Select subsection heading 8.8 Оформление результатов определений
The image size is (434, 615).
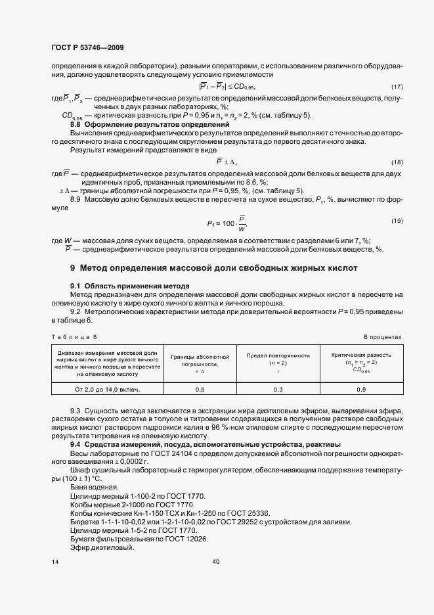click(x=149, y=124)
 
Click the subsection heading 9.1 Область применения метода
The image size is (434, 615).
click(x=129, y=286)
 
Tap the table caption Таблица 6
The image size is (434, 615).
click(x=74, y=336)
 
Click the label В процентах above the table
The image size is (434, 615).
click(x=381, y=336)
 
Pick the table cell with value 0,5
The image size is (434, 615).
click(x=200, y=390)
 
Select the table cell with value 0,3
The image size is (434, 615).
click(x=278, y=390)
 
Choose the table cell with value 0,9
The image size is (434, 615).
click(x=361, y=390)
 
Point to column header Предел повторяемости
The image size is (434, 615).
click(x=278, y=359)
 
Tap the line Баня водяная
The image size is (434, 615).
click(x=94, y=487)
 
